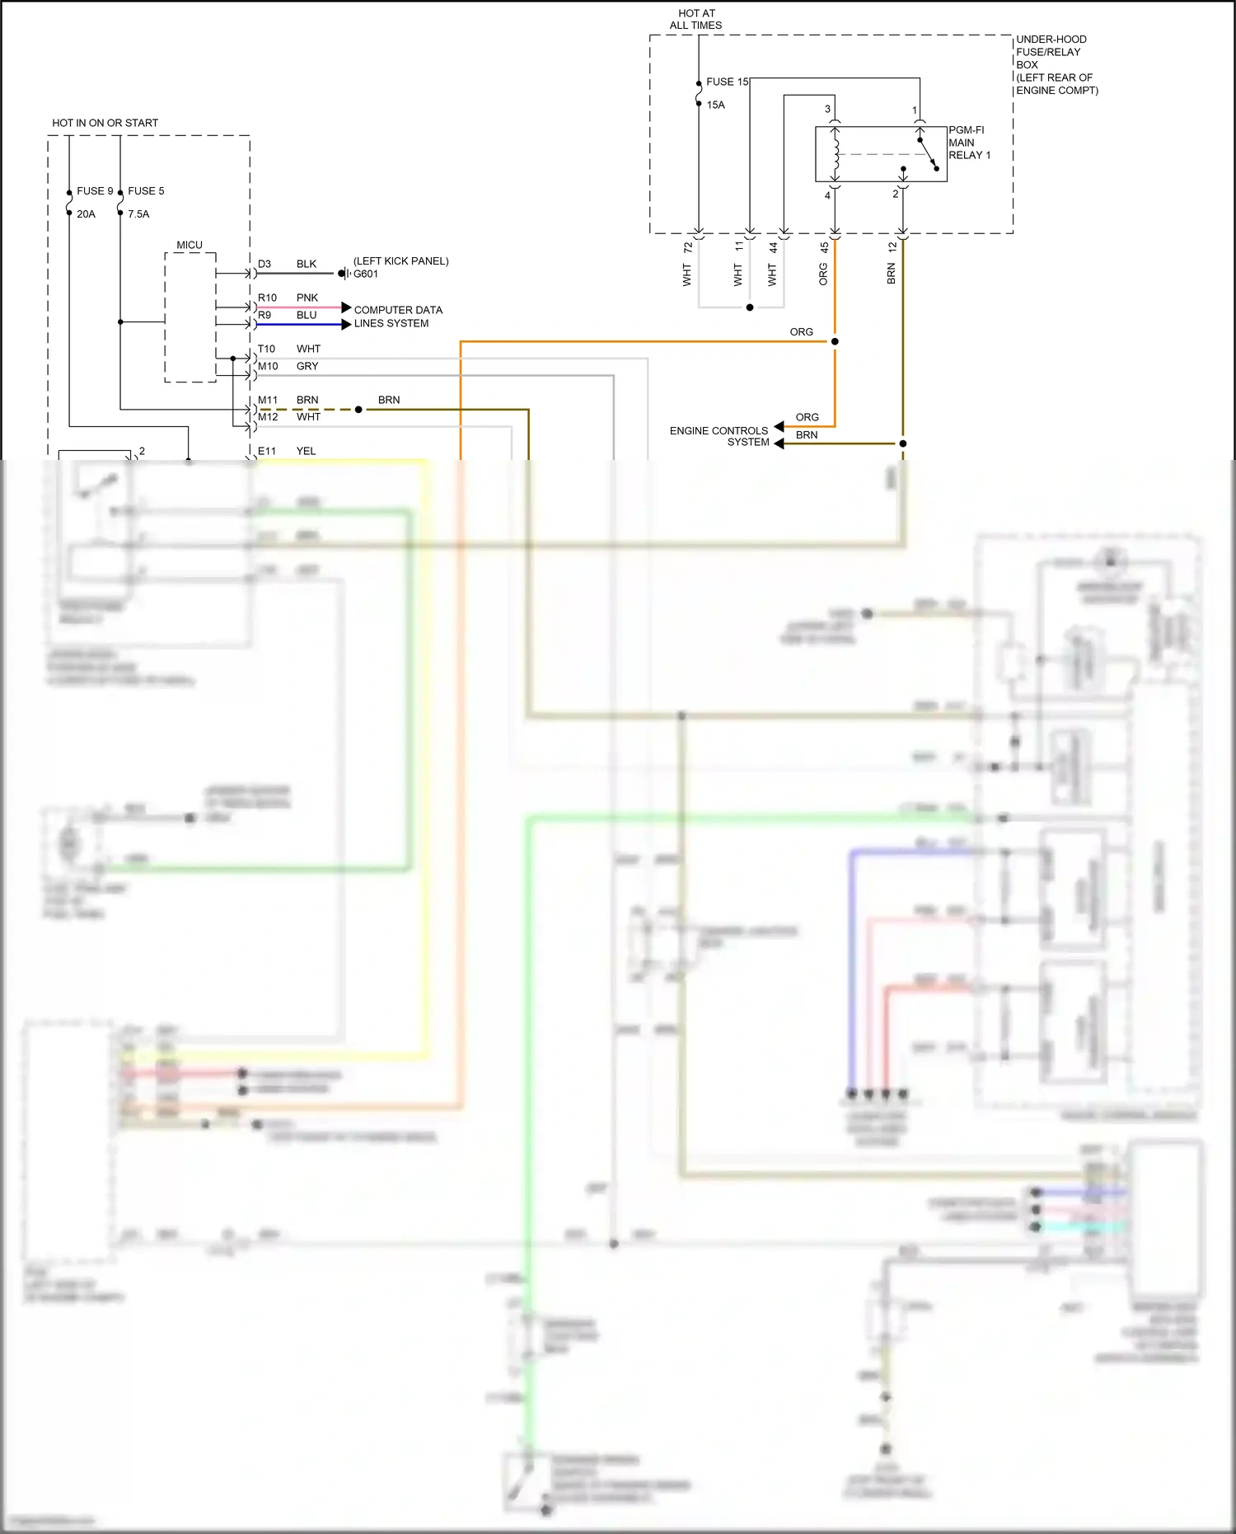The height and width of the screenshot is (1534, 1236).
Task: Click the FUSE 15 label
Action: [727, 82]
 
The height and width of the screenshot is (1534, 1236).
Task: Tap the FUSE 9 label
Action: [95, 190]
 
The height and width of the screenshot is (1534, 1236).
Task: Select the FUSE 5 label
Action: [146, 190]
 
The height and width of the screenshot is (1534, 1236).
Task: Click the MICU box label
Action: [189, 245]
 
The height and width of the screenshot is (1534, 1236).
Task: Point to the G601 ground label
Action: [366, 274]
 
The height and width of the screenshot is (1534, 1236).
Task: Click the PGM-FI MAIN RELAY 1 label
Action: [969, 143]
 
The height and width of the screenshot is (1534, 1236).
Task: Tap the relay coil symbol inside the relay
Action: [836, 154]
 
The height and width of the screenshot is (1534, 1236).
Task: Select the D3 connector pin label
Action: [265, 264]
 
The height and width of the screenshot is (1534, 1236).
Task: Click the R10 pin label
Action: [267, 298]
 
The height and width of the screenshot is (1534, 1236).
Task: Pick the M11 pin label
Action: [268, 400]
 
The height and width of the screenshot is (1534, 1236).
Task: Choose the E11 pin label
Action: [267, 451]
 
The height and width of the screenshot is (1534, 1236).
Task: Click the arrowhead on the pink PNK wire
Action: [346, 307]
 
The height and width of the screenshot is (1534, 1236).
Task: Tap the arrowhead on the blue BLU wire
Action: [346, 325]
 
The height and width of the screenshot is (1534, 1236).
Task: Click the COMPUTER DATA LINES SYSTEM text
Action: [398, 317]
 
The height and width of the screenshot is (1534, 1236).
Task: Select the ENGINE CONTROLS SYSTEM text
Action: [719, 436]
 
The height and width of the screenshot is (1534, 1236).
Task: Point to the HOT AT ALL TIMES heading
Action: [696, 19]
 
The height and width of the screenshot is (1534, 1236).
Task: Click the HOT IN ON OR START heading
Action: [105, 123]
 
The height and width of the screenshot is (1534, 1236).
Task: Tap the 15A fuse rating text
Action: [715, 105]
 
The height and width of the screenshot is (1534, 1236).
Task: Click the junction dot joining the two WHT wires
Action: [750, 307]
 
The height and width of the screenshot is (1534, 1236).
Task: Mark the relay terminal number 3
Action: [827, 109]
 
